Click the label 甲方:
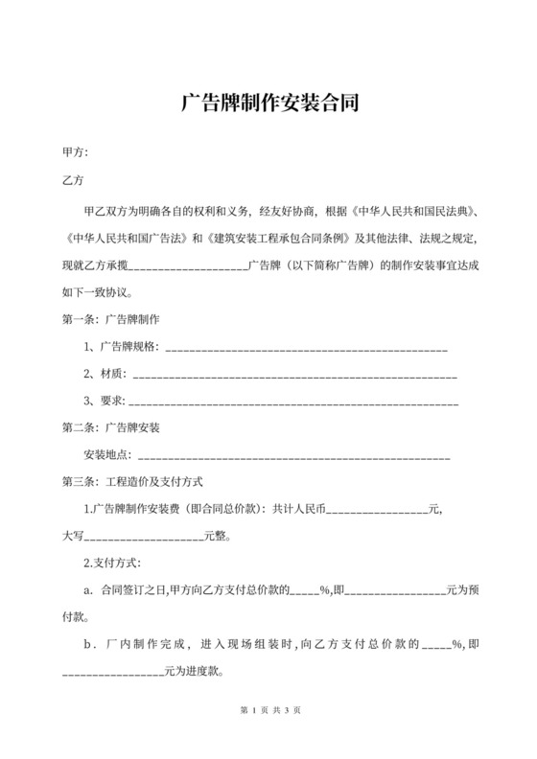75,152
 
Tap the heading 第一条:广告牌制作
110,317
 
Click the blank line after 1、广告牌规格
307,346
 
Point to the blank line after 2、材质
292,373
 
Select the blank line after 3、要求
292,401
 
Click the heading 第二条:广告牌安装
110,427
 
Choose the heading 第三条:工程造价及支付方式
130,483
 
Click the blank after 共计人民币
377,510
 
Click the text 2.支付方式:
112,564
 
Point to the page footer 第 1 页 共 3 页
268,709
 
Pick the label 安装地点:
110,455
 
